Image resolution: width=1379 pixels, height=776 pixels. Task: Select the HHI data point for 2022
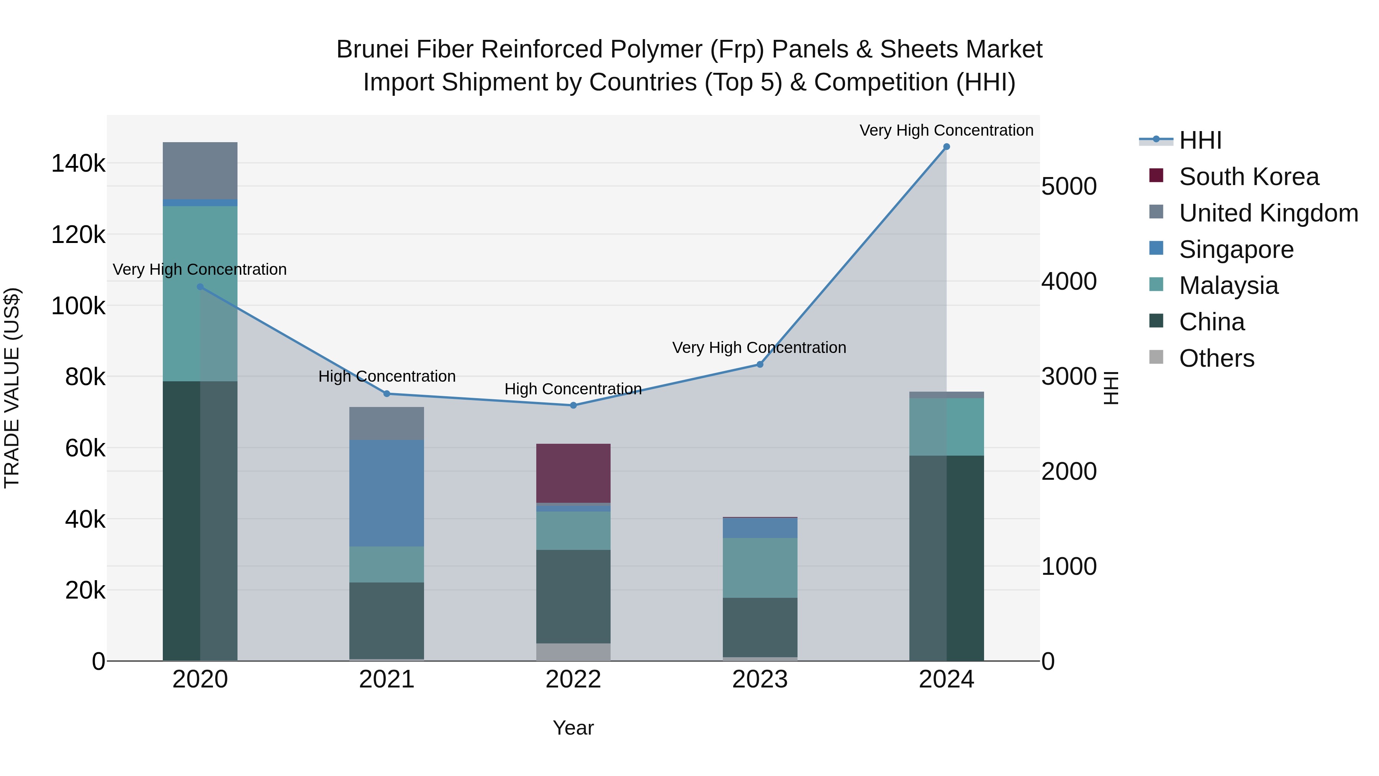click(x=573, y=405)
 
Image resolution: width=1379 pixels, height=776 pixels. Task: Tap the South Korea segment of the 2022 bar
click(x=573, y=473)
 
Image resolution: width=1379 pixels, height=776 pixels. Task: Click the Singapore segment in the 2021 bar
click(x=387, y=493)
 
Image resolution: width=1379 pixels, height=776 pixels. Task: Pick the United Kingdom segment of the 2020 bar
click(x=200, y=170)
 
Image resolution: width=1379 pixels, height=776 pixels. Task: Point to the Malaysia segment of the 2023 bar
click(x=760, y=568)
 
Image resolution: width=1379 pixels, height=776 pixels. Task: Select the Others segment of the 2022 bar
click(x=573, y=652)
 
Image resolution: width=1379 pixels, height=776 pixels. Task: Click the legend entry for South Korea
click(x=1248, y=177)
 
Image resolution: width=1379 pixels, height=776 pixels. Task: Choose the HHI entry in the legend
click(x=1200, y=140)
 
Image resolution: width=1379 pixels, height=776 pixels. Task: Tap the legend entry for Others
click(x=1216, y=358)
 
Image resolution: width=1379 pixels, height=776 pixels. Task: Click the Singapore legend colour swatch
click(x=1156, y=248)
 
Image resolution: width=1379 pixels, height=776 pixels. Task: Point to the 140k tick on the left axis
click(x=78, y=163)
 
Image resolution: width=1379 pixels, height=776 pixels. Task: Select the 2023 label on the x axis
click(x=760, y=679)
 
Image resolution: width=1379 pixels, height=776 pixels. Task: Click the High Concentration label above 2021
click(x=387, y=376)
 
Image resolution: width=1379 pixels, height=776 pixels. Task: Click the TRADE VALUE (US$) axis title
click(x=12, y=388)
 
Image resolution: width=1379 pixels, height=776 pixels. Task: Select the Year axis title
click(x=573, y=728)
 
